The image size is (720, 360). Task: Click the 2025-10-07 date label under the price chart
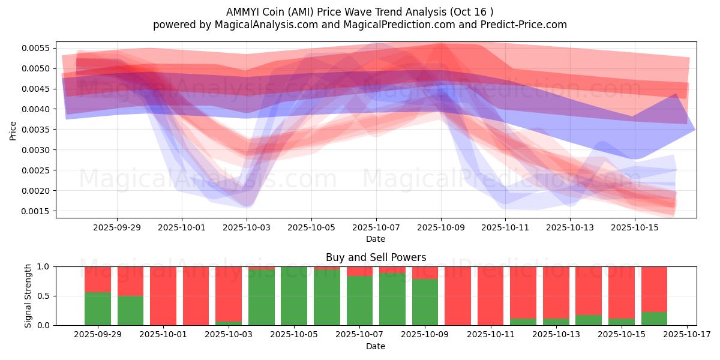point(376,228)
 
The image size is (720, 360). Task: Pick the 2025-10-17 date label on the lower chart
point(686,335)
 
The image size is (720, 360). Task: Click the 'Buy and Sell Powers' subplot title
point(376,257)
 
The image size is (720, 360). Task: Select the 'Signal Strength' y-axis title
point(28,296)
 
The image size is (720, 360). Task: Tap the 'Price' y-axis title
point(13,130)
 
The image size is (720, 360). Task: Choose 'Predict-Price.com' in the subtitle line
point(526,25)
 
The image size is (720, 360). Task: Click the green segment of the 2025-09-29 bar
point(98,308)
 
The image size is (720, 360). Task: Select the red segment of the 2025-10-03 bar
point(229,293)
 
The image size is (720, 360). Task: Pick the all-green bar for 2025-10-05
point(294,296)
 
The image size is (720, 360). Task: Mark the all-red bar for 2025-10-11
point(490,296)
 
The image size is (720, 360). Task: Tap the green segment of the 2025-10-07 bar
point(359,301)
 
